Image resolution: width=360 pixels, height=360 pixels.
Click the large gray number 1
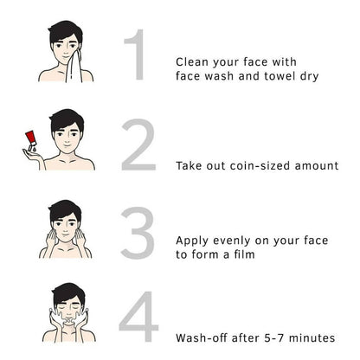coord(138,55)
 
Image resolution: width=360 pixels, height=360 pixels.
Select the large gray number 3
coord(138,233)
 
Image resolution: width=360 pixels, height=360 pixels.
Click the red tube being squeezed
coord(31,138)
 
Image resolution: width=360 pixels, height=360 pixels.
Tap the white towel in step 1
coord(74,67)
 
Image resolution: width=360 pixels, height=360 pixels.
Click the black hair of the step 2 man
coord(67,119)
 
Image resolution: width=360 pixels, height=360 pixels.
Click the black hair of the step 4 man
coord(68,294)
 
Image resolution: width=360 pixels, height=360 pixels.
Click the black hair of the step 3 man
coord(65,210)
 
